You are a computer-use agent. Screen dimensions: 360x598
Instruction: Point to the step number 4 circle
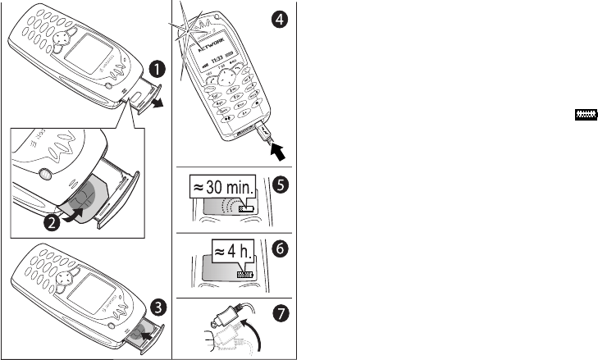[281, 21]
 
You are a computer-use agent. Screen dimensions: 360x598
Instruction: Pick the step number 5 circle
[281, 185]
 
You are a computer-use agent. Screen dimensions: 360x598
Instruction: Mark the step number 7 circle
[281, 312]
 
